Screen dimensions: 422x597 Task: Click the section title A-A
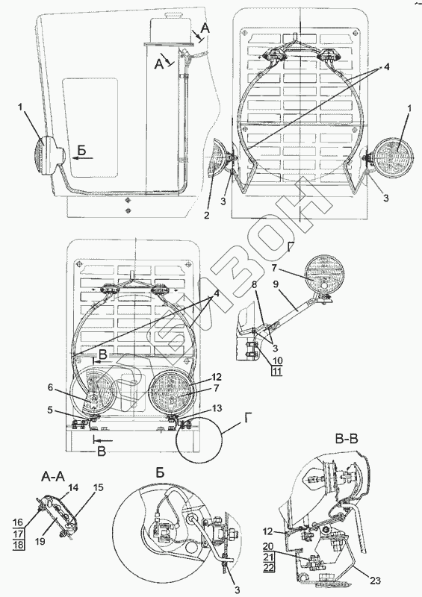52,476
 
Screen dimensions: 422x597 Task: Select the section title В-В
346,440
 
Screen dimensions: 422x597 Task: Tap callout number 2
206,216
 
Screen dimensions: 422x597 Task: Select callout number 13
217,408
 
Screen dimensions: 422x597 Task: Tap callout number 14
73,487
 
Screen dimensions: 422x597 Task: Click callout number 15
99,487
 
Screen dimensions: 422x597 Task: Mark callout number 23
376,581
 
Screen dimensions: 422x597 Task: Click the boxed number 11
277,371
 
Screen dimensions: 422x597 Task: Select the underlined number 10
277,360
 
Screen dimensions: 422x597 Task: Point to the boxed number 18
18,545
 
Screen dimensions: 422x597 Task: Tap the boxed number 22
269,567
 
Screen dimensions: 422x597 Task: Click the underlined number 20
269,546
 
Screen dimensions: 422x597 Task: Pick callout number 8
255,284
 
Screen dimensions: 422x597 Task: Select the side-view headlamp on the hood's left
50,155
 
